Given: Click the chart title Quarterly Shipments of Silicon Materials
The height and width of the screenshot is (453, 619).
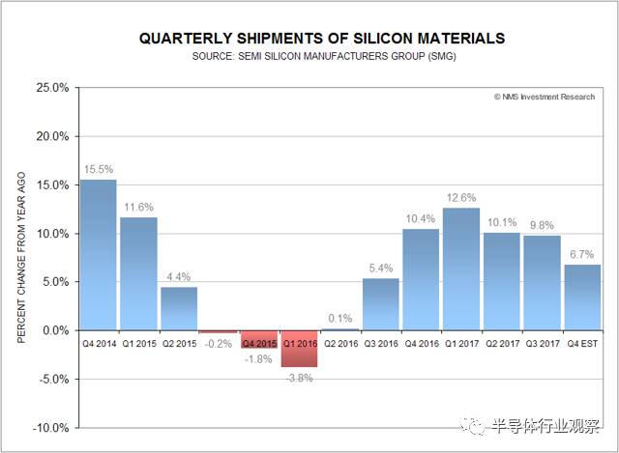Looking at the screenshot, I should click(322, 39).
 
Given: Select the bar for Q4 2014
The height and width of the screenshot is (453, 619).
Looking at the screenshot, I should click(98, 255).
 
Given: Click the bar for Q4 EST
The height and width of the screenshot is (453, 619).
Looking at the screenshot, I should click(582, 297).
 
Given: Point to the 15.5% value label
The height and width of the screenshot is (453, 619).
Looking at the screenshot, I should click(98, 169).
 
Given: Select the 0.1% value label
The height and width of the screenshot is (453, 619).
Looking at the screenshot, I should click(340, 318).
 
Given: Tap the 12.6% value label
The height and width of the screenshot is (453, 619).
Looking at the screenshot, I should click(461, 197).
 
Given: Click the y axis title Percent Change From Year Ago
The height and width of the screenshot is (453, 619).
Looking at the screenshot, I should click(21, 258).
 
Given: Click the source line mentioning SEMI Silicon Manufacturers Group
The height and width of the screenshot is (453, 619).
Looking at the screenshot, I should click(322, 57).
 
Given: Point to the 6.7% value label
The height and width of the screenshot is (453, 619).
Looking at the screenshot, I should click(582, 254).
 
